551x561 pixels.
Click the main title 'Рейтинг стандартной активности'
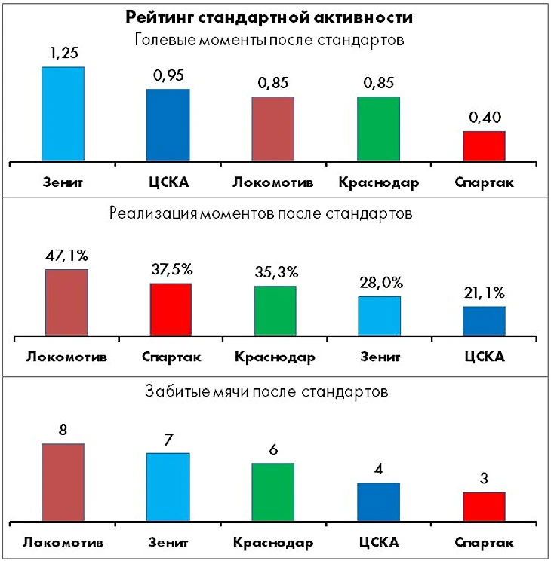click(275, 17)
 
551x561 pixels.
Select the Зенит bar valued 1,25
click(63, 114)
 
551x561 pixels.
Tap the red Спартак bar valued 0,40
click(483, 146)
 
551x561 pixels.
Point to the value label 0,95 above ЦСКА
click(168, 75)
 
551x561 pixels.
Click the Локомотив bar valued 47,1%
click(66, 302)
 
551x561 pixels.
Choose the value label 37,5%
click(172, 269)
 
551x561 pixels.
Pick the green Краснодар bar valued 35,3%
click(275, 311)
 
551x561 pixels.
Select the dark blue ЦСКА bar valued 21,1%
click(484, 320)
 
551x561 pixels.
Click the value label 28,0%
click(380, 283)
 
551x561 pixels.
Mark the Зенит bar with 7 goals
click(168, 487)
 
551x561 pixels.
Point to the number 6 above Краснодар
click(273, 450)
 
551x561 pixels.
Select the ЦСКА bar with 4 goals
click(379, 502)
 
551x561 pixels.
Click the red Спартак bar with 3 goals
click(483, 507)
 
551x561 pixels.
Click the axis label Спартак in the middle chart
click(171, 357)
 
